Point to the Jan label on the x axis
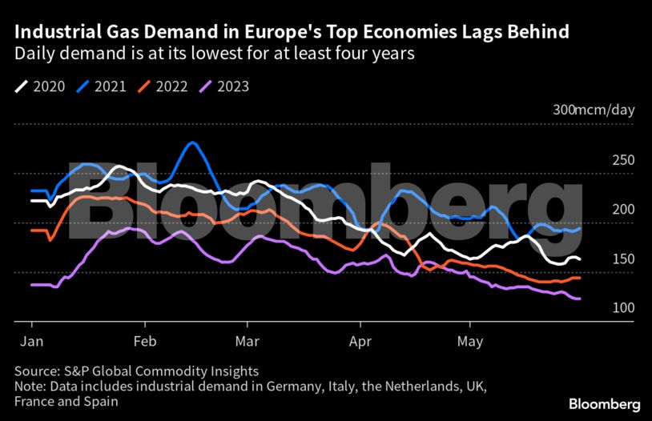tap(31, 342)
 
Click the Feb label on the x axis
tap(145, 342)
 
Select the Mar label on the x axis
tap(248, 342)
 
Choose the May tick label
tap(469, 342)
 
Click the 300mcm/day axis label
tap(594, 110)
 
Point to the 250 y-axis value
tap(623, 160)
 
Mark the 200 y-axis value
tap(623, 210)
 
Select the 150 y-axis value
tap(623, 259)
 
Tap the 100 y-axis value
tap(623, 309)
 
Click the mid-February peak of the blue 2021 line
tap(192, 143)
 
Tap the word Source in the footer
tap(35, 371)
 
